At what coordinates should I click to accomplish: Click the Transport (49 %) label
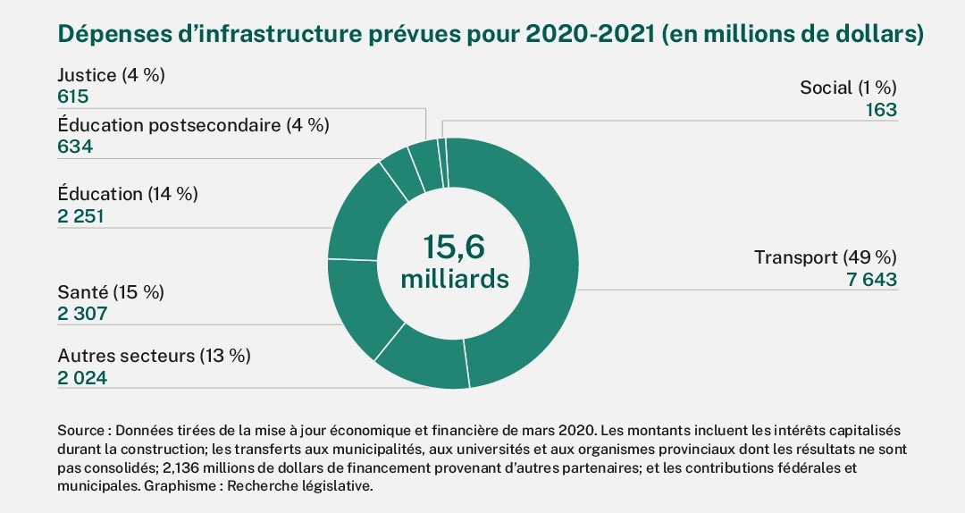tap(825, 257)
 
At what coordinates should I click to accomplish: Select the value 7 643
tap(871, 280)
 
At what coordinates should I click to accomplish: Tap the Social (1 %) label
tap(847, 88)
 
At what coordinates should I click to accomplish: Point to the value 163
tap(880, 110)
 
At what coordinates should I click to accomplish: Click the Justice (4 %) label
tap(111, 75)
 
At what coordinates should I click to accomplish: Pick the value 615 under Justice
tap(73, 97)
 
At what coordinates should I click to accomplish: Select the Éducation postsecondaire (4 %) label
tap(193, 125)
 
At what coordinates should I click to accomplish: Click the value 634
tap(74, 147)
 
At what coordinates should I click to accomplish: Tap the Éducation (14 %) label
tap(127, 193)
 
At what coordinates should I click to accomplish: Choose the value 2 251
tap(81, 215)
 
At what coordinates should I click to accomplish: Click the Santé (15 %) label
tap(111, 292)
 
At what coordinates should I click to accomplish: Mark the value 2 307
tap(82, 314)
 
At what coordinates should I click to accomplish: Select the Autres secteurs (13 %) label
tap(154, 356)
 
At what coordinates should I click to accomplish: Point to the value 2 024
tap(82, 378)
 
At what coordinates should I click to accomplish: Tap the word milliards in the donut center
tap(455, 278)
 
